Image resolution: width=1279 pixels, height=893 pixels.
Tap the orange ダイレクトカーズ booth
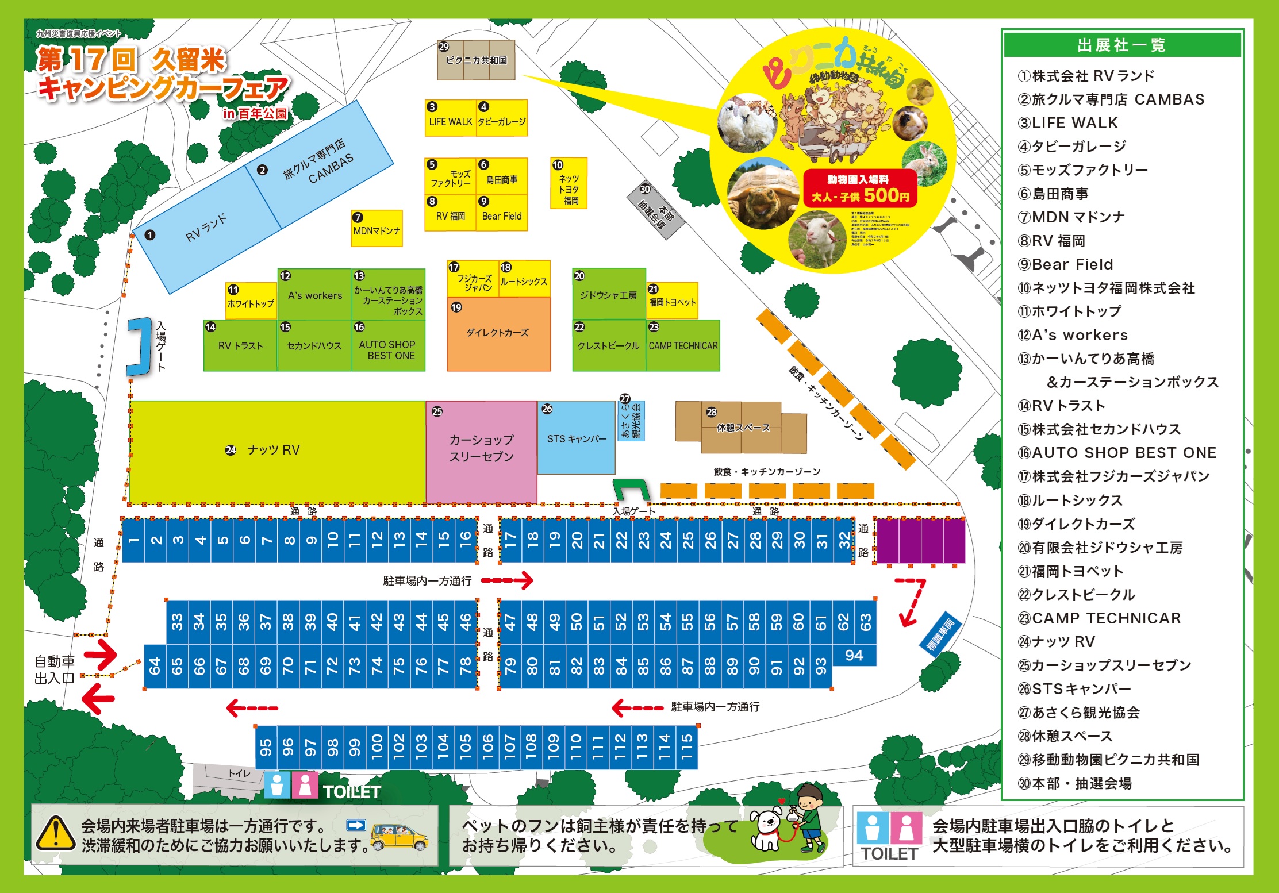point(498,333)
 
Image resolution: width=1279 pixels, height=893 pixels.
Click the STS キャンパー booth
point(577,438)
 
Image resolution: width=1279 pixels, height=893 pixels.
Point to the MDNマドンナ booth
point(377,229)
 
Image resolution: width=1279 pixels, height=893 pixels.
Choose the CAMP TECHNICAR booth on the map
point(683,345)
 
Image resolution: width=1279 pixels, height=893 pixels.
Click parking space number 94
point(854,655)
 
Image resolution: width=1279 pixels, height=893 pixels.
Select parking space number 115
point(687,746)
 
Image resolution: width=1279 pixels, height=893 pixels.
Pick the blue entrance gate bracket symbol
point(139,347)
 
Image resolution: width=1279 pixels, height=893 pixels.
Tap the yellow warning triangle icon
point(55,834)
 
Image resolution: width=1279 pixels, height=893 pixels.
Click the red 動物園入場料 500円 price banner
point(860,188)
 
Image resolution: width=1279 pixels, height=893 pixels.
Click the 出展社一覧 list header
point(1121,45)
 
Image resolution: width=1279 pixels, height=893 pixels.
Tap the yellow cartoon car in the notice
point(399,836)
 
